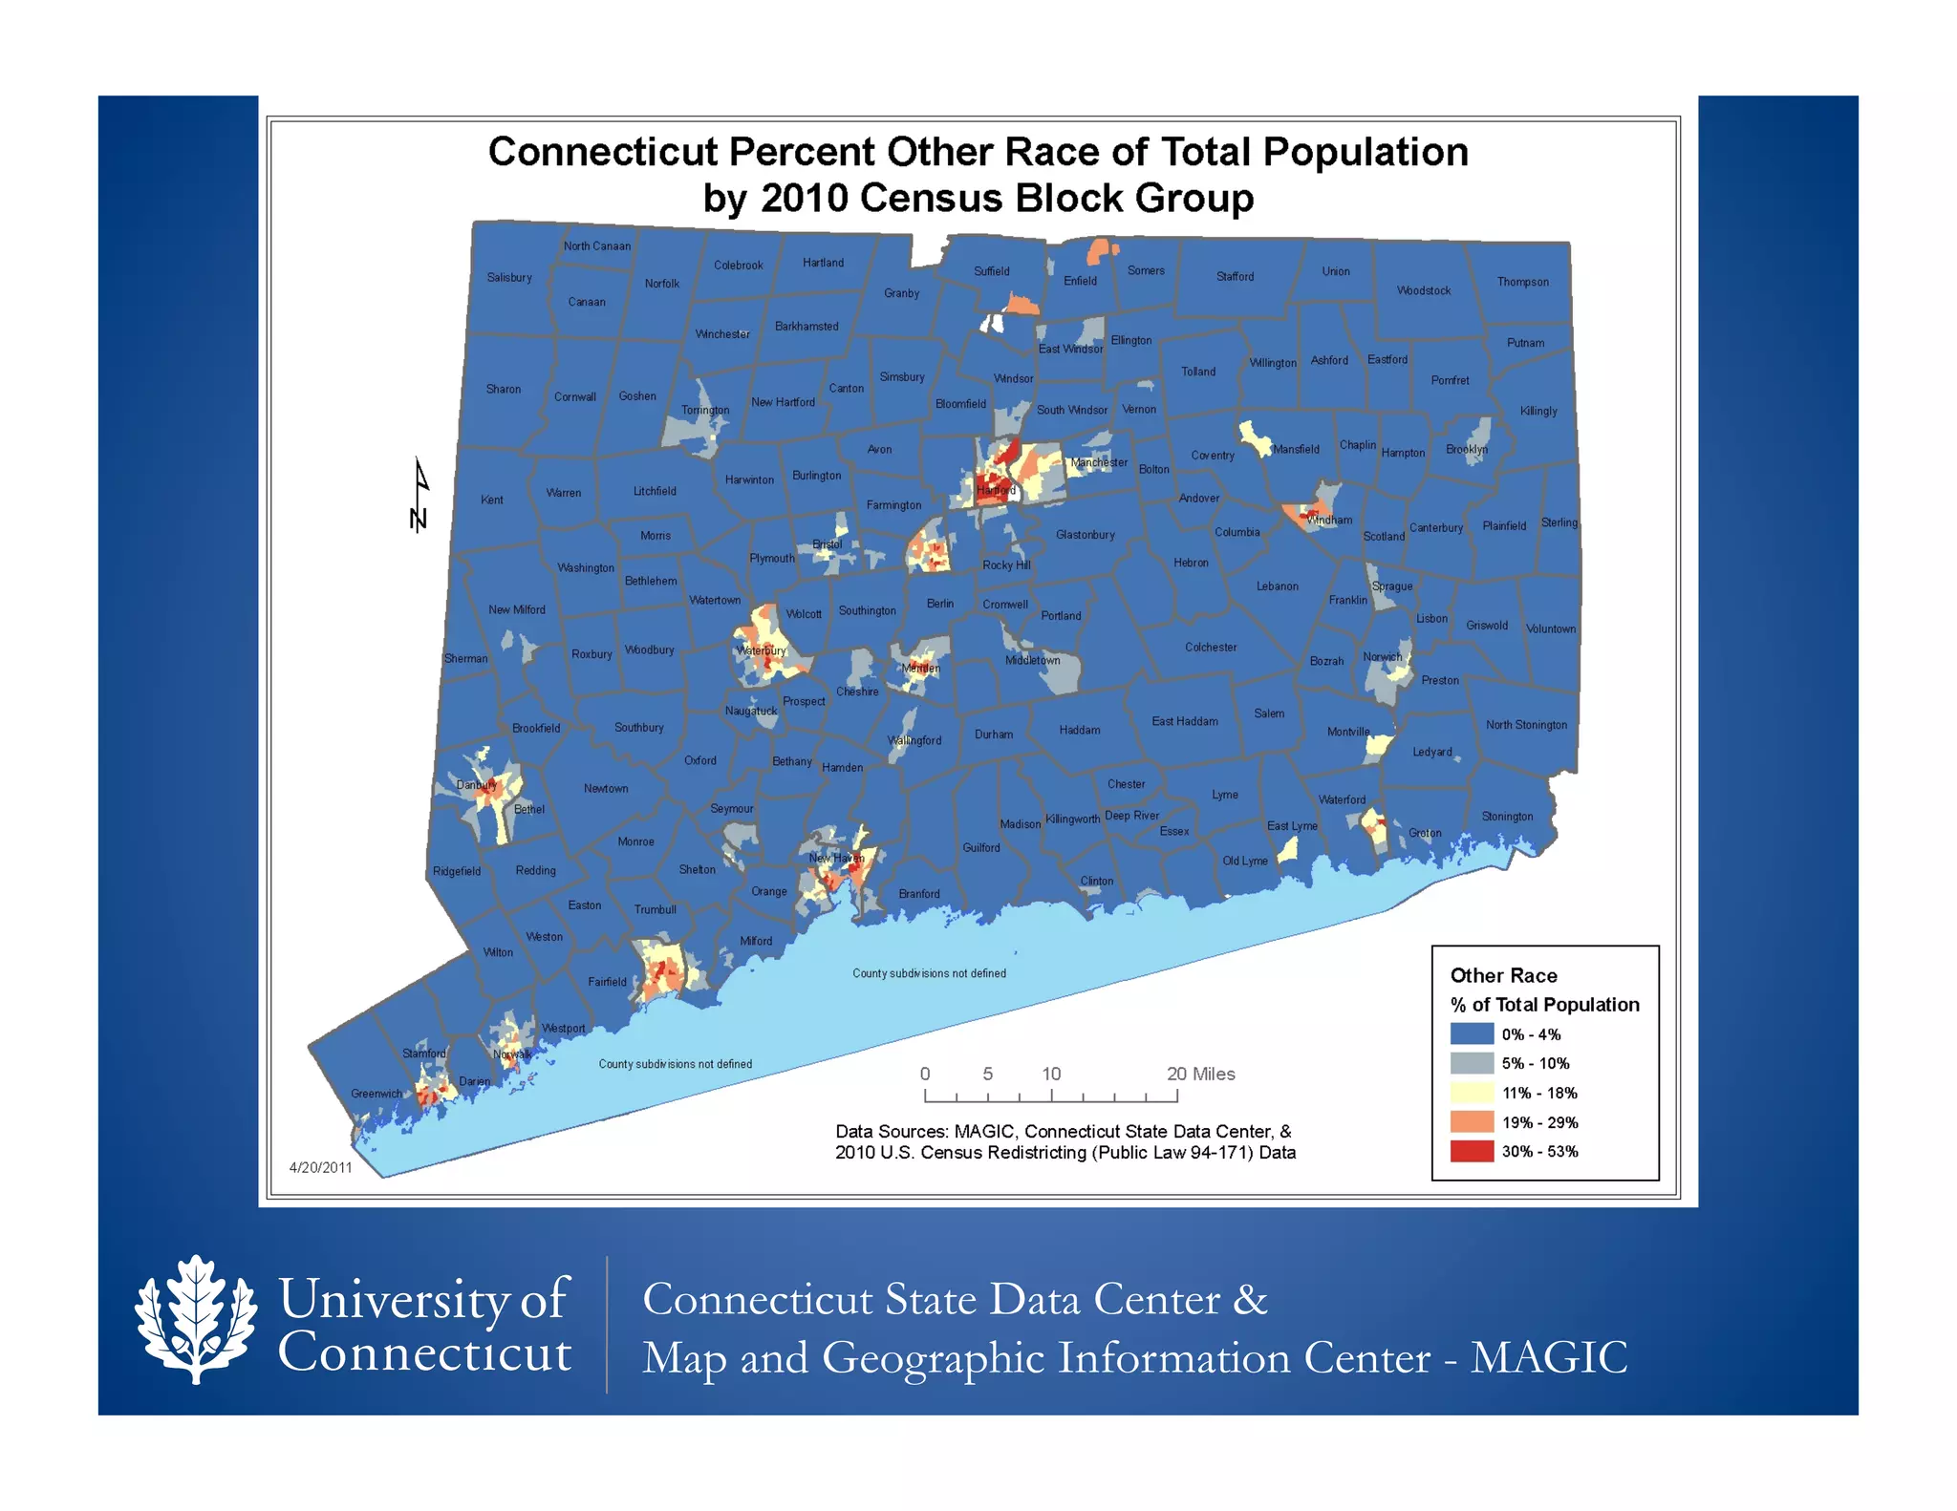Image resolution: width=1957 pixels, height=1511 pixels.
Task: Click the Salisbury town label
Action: coord(509,278)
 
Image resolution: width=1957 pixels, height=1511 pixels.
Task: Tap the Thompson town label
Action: coord(1522,282)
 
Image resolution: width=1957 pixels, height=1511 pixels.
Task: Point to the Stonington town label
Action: coord(1507,817)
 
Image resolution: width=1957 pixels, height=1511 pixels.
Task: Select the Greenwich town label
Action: coord(376,1094)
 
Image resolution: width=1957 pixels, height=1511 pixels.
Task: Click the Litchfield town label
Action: coord(655,491)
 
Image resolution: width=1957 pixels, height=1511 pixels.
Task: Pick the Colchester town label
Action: coord(1211,648)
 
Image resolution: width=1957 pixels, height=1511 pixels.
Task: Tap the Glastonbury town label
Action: coord(1086,535)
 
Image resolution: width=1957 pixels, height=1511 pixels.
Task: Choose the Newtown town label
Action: coord(606,789)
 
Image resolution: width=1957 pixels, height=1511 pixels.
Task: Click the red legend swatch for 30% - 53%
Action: coord(1472,1151)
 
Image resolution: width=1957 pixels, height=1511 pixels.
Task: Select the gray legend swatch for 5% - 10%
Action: coord(1472,1063)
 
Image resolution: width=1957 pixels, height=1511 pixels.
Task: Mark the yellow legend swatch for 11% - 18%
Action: coord(1472,1093)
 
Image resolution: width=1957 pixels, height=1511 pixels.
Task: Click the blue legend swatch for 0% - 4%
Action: coord(1472,1033)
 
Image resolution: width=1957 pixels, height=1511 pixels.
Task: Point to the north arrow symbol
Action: coord(419,495)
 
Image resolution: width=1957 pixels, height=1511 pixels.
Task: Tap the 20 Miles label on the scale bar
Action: coord(1200,1075)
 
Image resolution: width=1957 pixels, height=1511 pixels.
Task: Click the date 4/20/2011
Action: coord(321,1167)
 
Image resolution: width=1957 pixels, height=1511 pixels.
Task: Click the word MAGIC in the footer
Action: coord(1548,1357)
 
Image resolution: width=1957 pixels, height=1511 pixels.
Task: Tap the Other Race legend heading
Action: coord(1503,975)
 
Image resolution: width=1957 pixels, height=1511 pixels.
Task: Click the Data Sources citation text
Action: coord(1065,1142)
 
